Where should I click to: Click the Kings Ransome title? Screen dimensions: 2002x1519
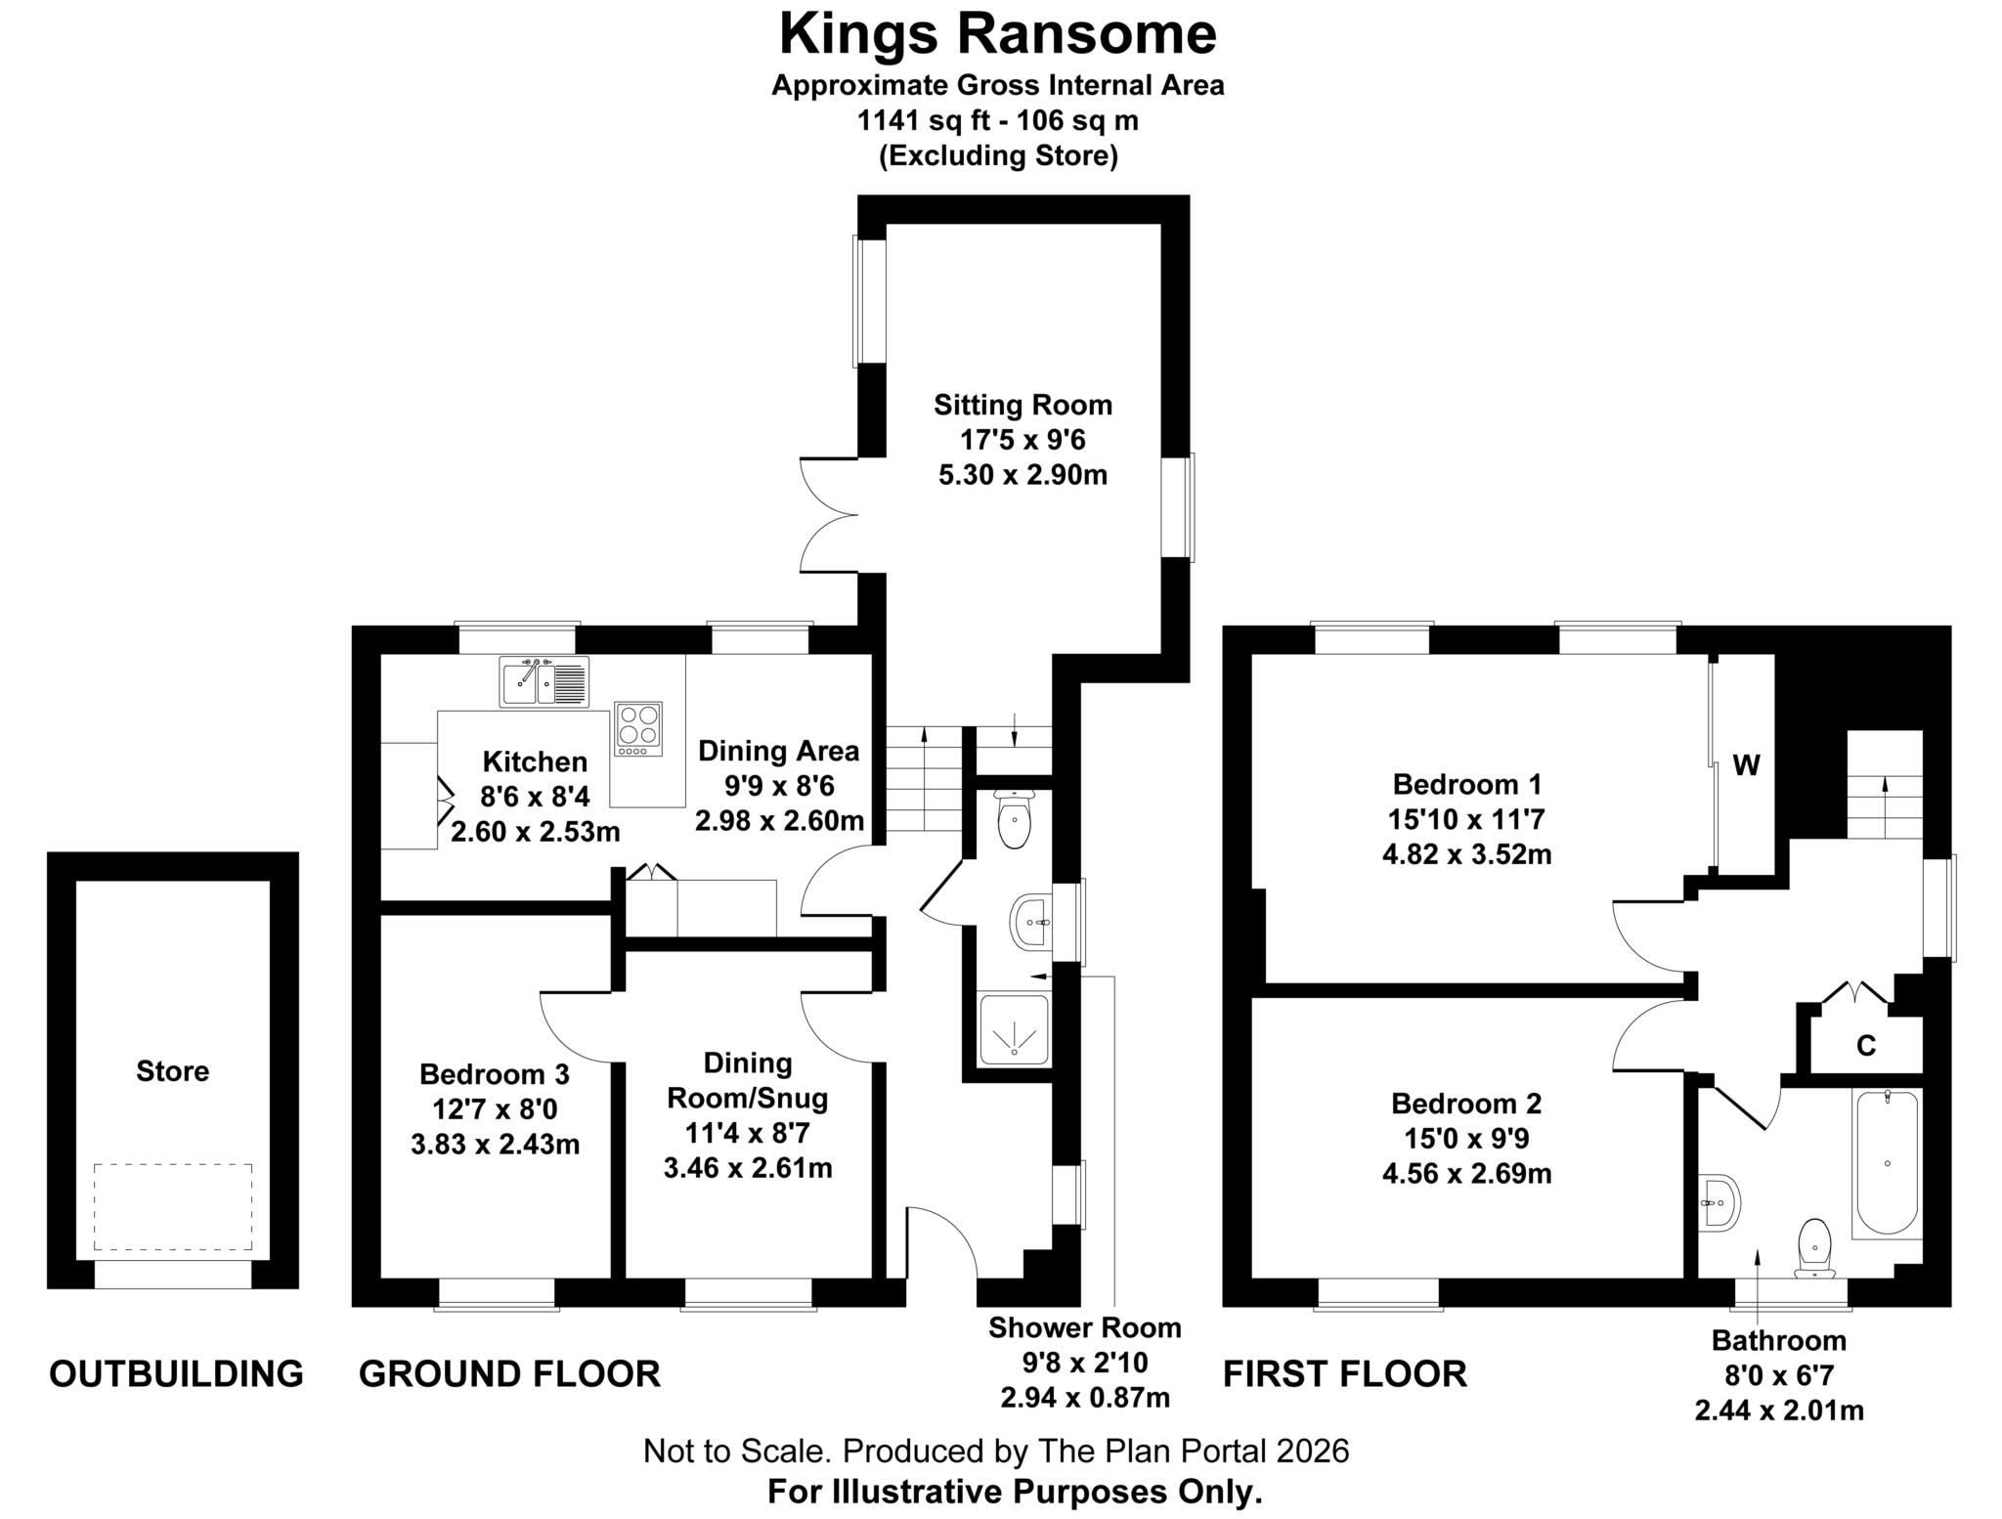click(x=997, y=34)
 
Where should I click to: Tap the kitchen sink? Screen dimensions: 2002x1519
click(x=544, y=681)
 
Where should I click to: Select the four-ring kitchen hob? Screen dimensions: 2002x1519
click(x=637, y=728)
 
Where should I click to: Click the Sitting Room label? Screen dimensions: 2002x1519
click(x=1023, y=405)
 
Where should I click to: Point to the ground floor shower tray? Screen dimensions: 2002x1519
click(x=1014, y=1028)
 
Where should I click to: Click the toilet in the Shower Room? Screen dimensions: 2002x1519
click(x=1014, y=819)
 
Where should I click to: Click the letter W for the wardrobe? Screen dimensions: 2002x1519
click(x=1746, y=765)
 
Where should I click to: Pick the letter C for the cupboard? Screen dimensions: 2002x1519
click(x=1865, y=1047)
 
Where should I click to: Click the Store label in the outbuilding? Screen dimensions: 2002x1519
click(x=172, y=1071)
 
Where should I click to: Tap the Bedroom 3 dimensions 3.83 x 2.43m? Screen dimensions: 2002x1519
click(x=496, y=1144)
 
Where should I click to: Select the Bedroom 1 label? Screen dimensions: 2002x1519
click(x=1466, y=784)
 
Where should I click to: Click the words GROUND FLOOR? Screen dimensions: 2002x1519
click(x=509, y=1373)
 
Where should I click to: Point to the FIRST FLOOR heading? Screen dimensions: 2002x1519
click(x=1345, y=1373)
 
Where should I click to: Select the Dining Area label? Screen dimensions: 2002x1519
click(x=778, y=751)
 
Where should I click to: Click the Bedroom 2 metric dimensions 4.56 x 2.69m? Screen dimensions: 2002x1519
click(x=1466, y=1173)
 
